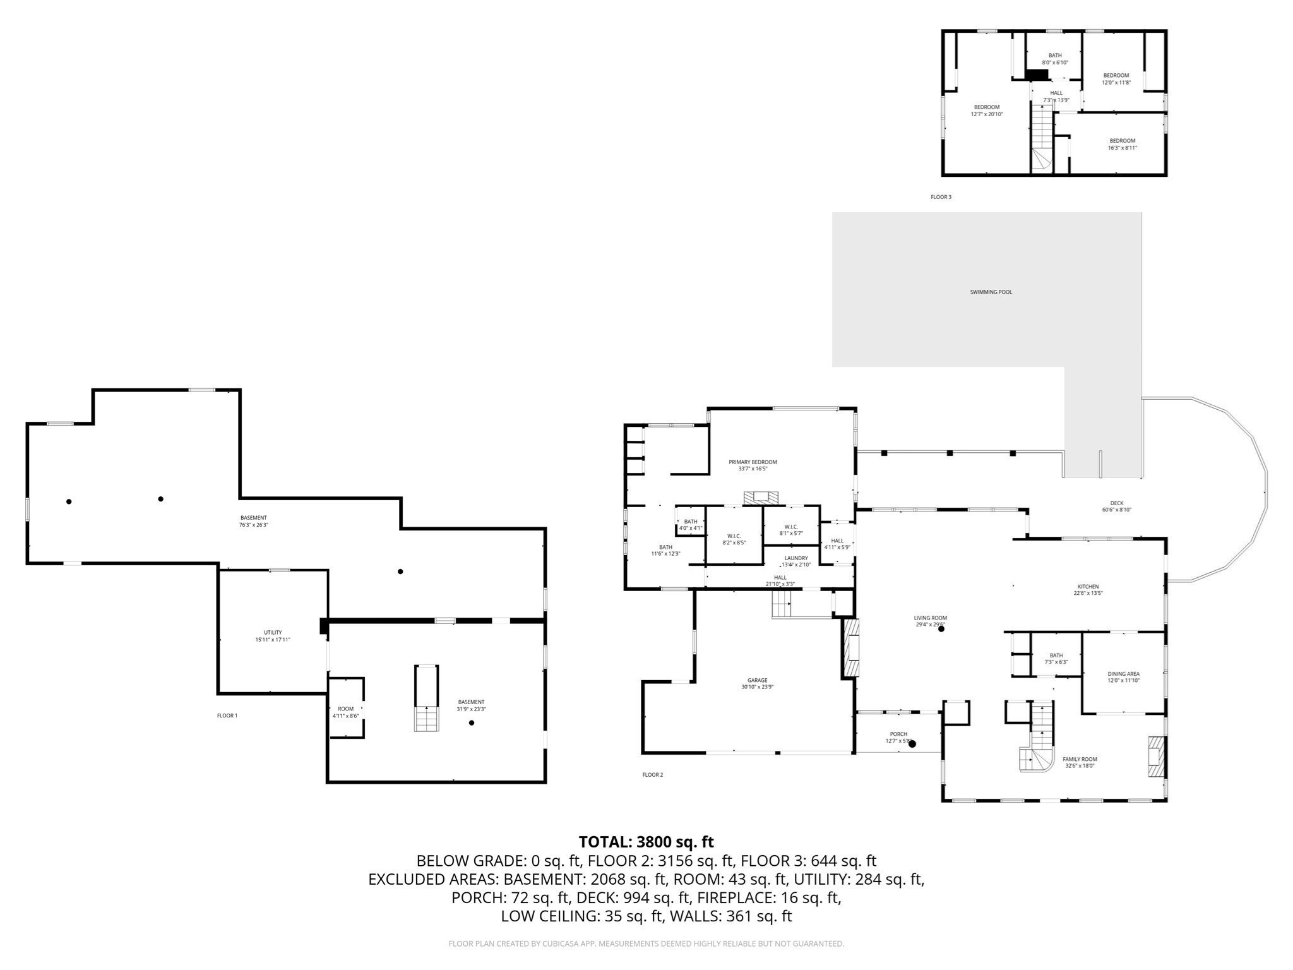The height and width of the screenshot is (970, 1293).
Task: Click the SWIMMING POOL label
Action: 991,292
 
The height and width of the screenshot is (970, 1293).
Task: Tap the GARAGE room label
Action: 757,680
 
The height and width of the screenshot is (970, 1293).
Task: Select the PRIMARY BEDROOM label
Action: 753,462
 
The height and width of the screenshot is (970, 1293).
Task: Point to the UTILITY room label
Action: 273,632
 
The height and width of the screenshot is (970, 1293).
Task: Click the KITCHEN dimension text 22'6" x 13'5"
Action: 1088,594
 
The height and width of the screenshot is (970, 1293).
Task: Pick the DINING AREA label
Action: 1123,674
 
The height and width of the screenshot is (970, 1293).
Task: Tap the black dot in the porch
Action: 912,744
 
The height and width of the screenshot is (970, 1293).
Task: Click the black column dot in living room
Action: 941,629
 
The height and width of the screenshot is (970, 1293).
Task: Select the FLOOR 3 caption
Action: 941,197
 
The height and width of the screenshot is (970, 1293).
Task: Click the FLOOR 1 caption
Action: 227,716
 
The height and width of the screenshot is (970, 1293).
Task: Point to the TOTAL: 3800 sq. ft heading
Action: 646,842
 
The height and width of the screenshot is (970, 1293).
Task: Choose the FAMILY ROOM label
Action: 1080,759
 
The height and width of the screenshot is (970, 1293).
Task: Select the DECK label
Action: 1116,503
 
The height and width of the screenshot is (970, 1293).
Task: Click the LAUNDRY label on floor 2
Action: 795,558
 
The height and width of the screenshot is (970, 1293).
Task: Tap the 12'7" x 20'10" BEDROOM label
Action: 986,107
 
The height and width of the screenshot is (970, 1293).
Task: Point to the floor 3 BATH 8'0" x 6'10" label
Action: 1055,55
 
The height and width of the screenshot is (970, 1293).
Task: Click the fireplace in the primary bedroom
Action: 761,498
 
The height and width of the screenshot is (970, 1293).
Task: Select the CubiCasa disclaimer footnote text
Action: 646,943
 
